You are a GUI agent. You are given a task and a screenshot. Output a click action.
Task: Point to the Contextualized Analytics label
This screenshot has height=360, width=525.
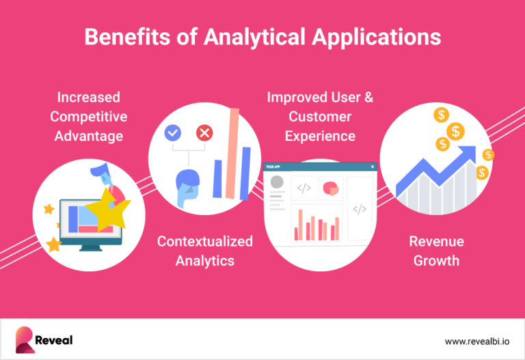204,251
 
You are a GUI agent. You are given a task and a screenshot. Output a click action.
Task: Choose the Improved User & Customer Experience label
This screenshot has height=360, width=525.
320,116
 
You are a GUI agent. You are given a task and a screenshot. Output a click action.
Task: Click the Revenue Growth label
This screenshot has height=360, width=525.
436,251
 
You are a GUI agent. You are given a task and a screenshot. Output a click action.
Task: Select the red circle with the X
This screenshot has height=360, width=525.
204,133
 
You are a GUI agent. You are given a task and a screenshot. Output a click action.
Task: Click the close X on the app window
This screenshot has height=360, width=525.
372,167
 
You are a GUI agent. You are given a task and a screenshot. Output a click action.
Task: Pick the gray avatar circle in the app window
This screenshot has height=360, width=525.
277,182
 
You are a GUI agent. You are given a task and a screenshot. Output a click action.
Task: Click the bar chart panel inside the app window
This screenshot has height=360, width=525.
317,224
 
